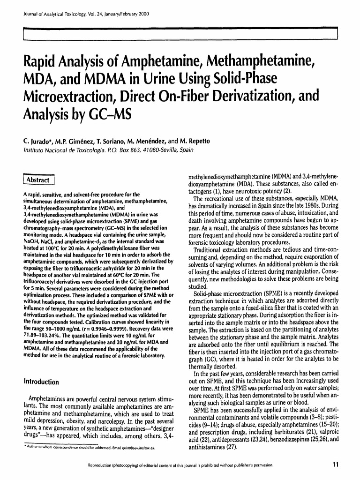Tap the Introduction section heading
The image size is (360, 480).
point(41,382)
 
